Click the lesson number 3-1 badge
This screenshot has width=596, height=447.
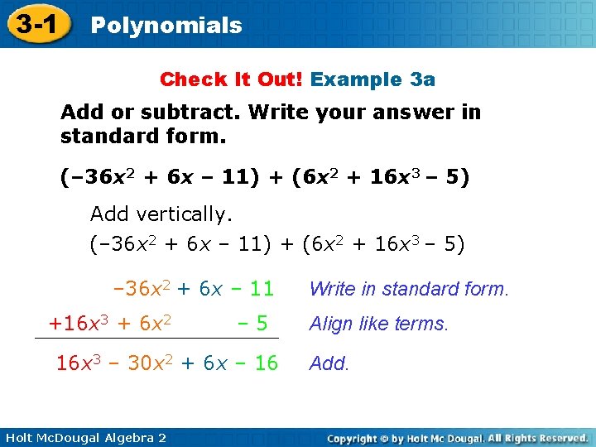[34, 25]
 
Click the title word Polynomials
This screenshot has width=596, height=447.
[166, 26]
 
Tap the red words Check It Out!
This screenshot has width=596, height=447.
[233, 79]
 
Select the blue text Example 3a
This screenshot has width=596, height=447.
[372, 79]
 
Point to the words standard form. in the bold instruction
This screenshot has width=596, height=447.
[143, 135]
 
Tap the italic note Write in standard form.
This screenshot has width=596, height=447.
[409, 289]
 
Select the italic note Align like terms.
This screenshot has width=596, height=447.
[378, 324]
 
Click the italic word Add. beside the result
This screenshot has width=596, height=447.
[329, 363]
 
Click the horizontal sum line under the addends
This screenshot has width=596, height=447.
[156, 339]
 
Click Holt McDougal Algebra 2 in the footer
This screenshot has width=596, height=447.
[84, 437]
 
